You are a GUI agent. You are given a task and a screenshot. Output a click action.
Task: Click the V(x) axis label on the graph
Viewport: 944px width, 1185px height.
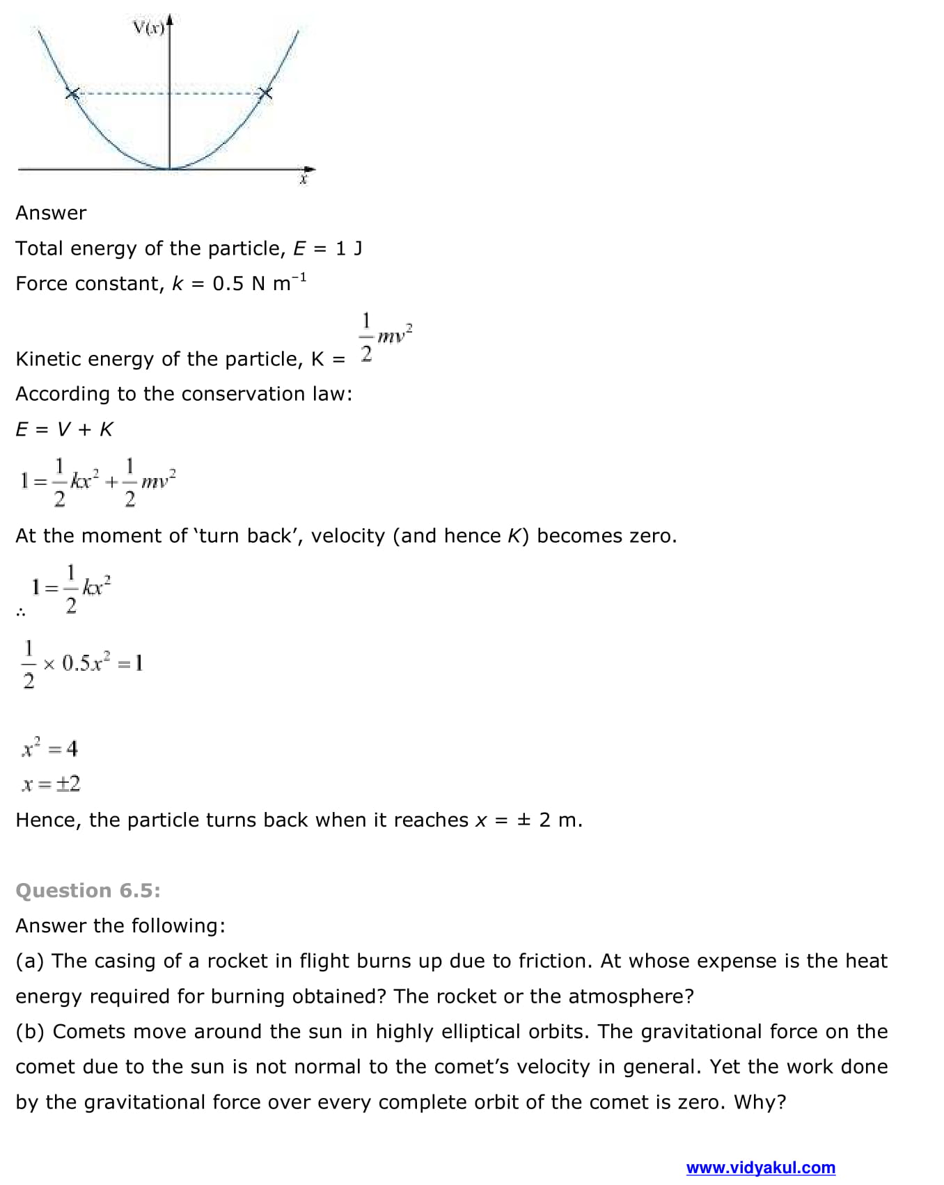[x=148, y=28]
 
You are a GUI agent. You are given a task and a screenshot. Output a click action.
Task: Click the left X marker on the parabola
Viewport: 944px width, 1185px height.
[x=72, y=93]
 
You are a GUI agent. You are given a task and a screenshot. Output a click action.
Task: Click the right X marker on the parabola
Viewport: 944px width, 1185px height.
[x=265, y=93]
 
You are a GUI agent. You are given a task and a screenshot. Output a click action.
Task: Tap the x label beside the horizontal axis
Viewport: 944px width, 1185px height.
[x=303, y=180]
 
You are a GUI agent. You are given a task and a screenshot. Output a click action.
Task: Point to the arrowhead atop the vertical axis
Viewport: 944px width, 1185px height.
[x=169, y=21]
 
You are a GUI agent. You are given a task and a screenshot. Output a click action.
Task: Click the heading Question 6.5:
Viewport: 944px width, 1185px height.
[x=88, y=891]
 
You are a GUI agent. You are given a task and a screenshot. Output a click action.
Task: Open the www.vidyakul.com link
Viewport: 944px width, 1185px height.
[x=760, y=1168]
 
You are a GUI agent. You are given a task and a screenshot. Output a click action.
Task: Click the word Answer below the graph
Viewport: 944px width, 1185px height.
[x=51, y=213]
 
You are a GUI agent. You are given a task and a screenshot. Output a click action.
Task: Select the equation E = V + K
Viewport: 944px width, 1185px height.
[x=64, y=429]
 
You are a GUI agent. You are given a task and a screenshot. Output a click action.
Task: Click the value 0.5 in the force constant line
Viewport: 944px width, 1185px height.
[x=228, y=284]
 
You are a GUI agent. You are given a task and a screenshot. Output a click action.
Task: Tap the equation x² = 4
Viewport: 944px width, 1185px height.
[x=49, y=749]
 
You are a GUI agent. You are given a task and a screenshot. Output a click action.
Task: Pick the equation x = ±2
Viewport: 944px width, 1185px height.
[x=51, y=784]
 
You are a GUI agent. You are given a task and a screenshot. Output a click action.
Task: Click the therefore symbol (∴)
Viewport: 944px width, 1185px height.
[x=21, y=613]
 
